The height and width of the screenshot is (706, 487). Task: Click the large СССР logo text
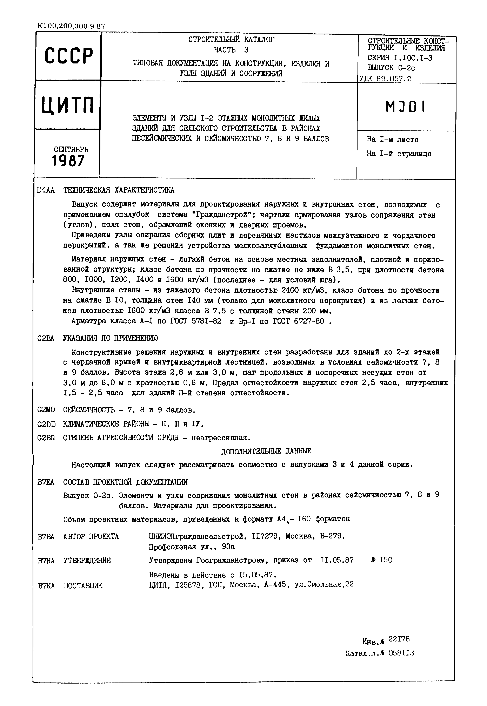point(68,56)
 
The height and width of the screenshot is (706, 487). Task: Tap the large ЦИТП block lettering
point(68,105)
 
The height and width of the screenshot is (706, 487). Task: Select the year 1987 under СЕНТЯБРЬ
point(68,161)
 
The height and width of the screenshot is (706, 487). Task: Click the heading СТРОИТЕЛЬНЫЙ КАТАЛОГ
point(231,40)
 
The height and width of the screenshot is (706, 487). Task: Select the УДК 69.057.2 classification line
point(385,79)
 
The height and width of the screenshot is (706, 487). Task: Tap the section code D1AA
point(46,190)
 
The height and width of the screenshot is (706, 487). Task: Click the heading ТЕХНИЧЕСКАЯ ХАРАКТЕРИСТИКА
point(119,190)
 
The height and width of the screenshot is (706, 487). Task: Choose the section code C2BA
point(46,338)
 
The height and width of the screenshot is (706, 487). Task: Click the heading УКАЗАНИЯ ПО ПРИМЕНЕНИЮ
point(111,338)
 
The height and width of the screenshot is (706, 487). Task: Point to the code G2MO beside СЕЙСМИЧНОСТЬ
point(46,410)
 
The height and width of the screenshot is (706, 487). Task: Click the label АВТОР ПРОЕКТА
point(91,536)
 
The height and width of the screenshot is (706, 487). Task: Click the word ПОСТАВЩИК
point(83,585)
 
